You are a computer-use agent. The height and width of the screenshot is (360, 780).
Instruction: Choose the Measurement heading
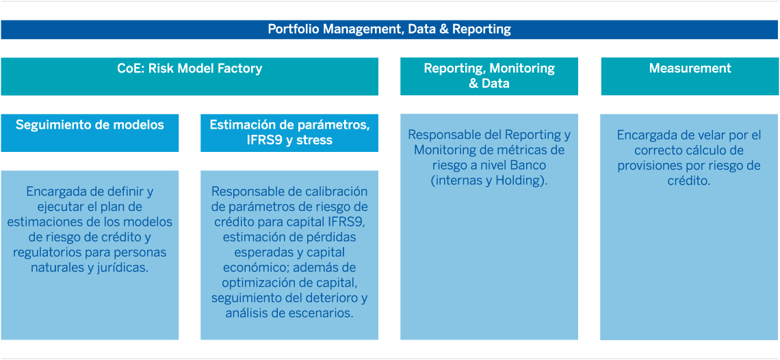coord(690,68)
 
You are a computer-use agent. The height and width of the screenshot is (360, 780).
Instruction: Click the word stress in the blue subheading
coord(314,140)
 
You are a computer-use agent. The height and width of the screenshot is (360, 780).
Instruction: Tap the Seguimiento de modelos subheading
coord(90,125)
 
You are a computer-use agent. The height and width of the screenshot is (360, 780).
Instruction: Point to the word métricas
coord(532,150)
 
